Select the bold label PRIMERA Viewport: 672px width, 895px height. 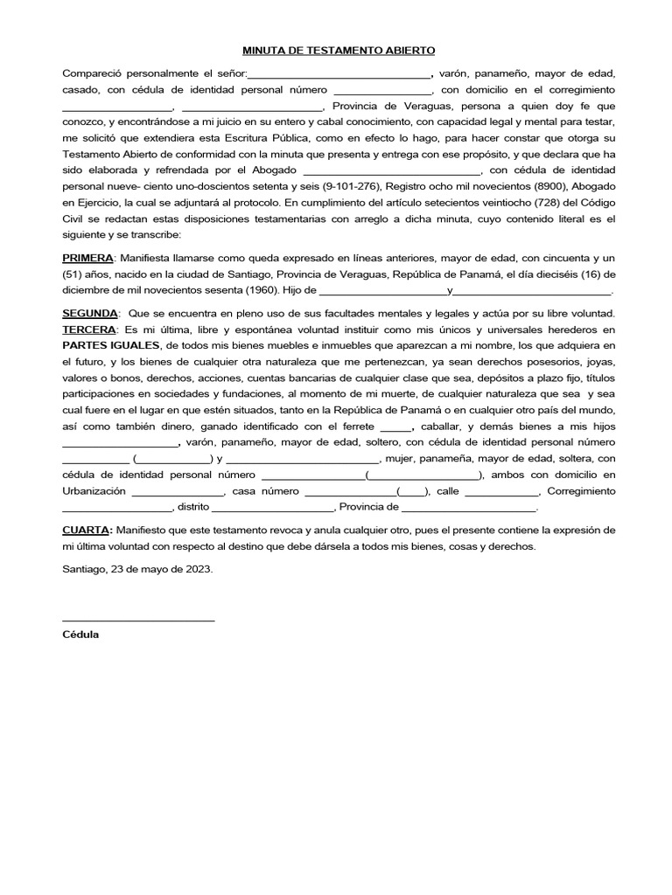click(87, 259)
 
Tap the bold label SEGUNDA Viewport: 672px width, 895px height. click(89, 313)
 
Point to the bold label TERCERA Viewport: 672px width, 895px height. click(88, 330)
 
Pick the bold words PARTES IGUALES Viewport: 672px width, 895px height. click(110, 345)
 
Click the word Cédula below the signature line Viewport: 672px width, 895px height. click(80, 635)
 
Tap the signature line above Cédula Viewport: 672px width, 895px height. click(138, 620)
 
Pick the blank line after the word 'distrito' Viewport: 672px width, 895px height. click(297, 508)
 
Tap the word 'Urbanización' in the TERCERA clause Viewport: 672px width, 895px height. click(94, 491)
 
